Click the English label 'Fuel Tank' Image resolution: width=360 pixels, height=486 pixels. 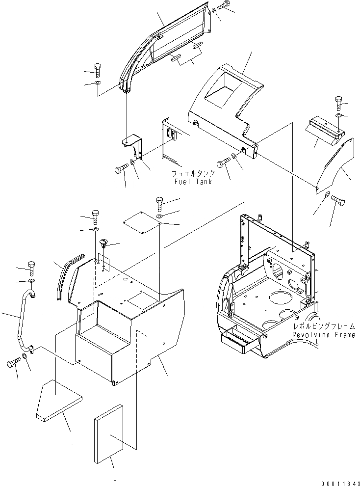point(193,182)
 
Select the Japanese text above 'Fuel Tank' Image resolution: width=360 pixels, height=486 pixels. point(193,174)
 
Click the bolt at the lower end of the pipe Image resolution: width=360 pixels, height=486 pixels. point(13,364)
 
